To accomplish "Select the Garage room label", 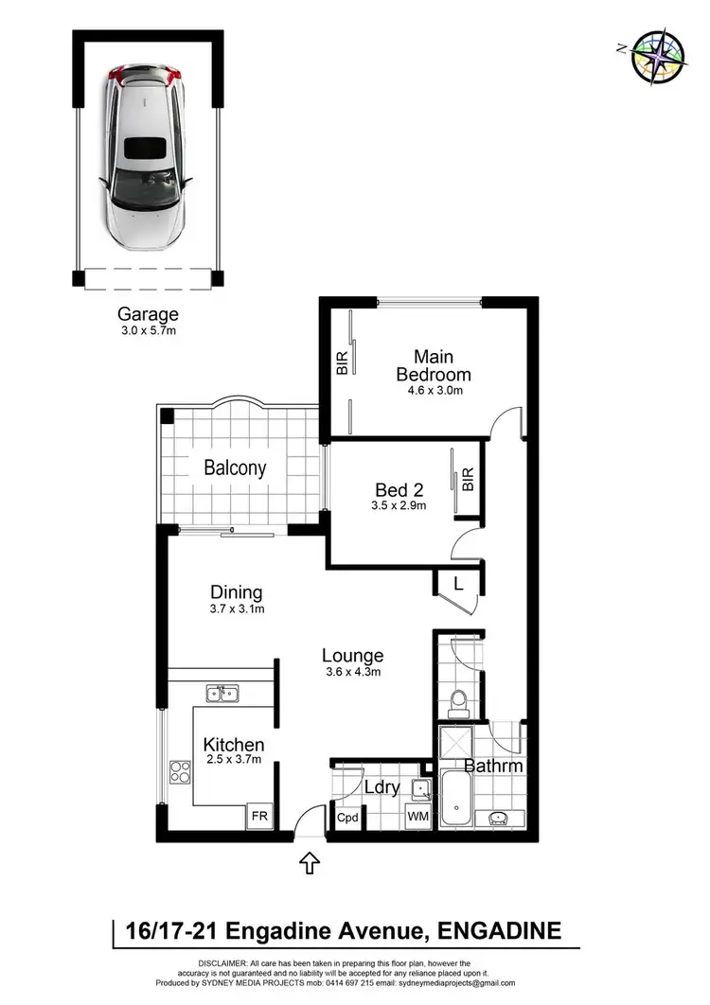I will [x=148, y=313].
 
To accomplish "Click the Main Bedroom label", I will [x=433, y=364].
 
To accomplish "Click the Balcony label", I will [x=235, y=467].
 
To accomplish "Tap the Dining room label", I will [x=236, y=592].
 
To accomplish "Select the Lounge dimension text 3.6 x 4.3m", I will [x=352, y=672].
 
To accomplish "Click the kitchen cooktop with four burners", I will [x=179, y=772].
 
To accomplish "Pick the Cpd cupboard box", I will [x=347, y=818].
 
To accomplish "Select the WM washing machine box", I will [x=417, y=816].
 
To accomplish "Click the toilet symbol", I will [x=459, y=701].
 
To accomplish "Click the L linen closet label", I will [x=458, y=584].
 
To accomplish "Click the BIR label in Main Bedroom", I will [x=342, y=362].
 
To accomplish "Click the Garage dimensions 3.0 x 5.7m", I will [x=148, y=331].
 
